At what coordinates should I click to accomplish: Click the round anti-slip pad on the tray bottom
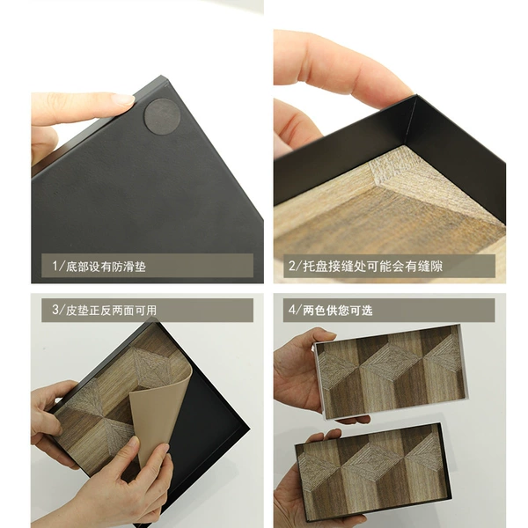click(162, 116)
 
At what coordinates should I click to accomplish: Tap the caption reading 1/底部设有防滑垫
click(99, 267)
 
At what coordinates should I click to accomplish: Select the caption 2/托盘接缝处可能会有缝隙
click(365, 266)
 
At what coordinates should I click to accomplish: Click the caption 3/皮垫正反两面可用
click(104, 310)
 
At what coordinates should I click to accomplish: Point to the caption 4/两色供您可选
click(330, 310)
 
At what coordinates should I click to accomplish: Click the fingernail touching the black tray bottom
click(123, 99)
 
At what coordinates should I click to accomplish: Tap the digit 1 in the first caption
click(55, 267)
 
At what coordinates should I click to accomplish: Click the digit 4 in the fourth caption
click(291, 310)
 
